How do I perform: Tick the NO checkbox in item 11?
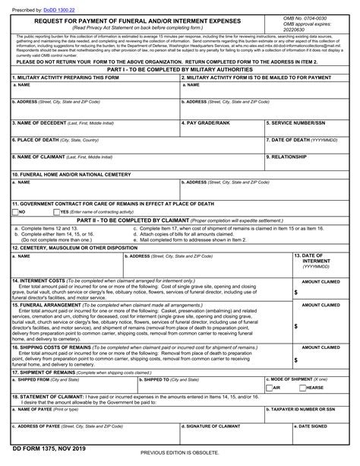[15, 212]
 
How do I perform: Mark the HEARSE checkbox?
[301, 387]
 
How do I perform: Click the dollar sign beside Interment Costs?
[296, 292]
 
